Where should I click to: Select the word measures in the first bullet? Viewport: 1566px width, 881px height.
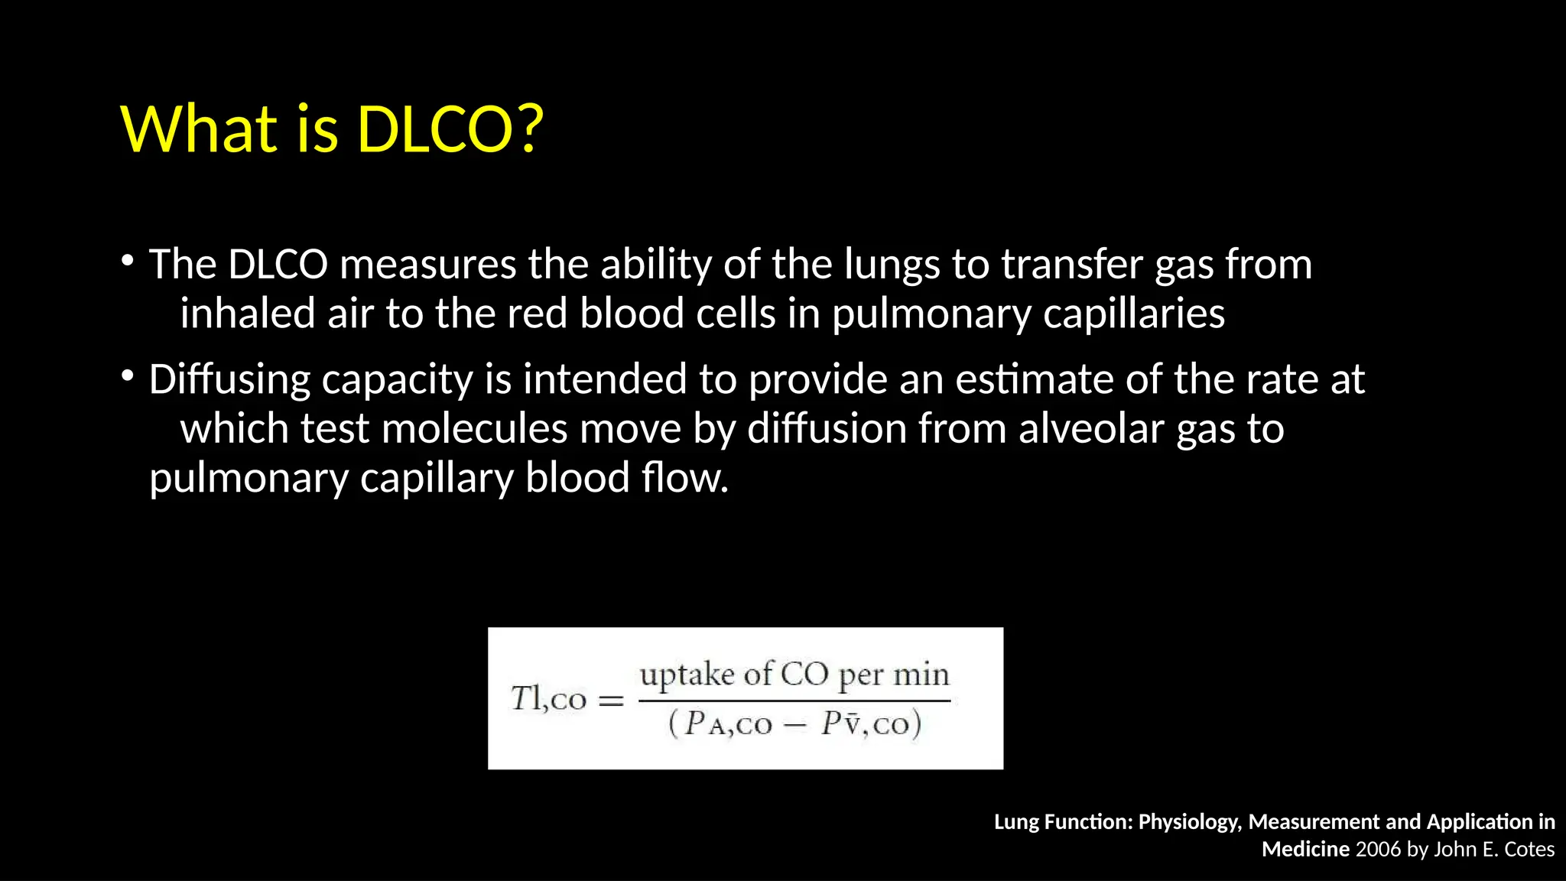point(428,265)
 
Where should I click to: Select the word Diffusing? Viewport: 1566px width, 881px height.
point(229,380)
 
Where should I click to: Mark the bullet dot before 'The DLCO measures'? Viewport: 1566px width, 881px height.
point(128,262)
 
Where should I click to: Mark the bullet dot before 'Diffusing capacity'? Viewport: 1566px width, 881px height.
point(128,376)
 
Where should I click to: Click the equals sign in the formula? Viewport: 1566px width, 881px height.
point(610,701)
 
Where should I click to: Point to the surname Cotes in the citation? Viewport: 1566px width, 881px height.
point(1529,850)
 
